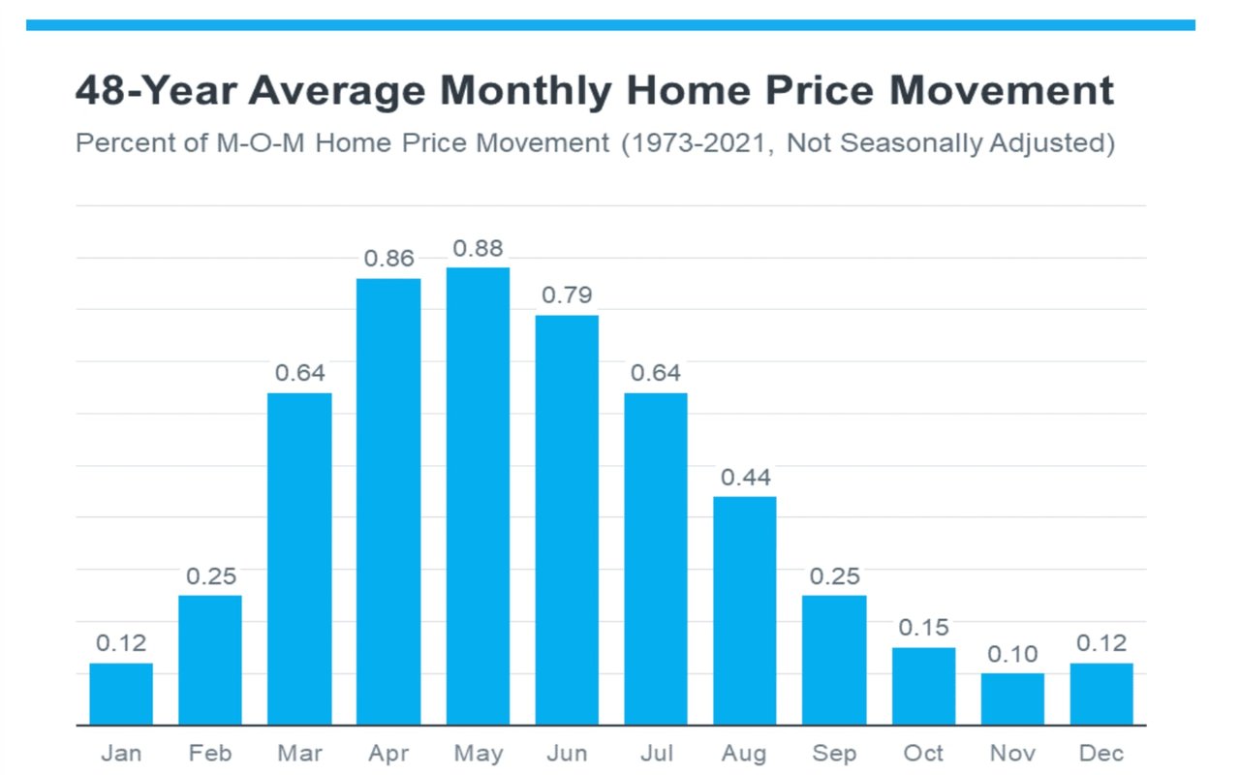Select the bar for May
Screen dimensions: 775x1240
(x=478, y=496)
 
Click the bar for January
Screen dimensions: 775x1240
(x=121, y=694)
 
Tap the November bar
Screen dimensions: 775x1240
(x=1012, y=698)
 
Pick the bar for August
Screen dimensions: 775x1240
(x=745, y=610)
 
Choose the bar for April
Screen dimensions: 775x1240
(x=388, y=502)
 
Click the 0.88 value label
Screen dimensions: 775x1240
(x=478, y=249)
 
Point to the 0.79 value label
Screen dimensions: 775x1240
(x=567, y=295)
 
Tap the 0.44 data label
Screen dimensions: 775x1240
(x=745, y=478)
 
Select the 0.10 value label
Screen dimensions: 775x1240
(x=1012, y=655)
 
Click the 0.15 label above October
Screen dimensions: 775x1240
(x=923, y=628)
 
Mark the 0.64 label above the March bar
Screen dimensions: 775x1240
(x=299, y=373)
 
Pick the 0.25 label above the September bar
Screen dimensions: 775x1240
(x=834, y=576)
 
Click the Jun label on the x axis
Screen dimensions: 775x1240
(x=567, y=754)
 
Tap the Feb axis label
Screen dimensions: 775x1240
(x=210, y=754)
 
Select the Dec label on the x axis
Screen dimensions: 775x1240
(x=1101, y=754)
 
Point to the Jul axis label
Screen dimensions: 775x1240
(x=656, y=754)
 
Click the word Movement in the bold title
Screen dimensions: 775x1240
(x=1002, y=91)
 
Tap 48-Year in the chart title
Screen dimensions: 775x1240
(x=153, y=91)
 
